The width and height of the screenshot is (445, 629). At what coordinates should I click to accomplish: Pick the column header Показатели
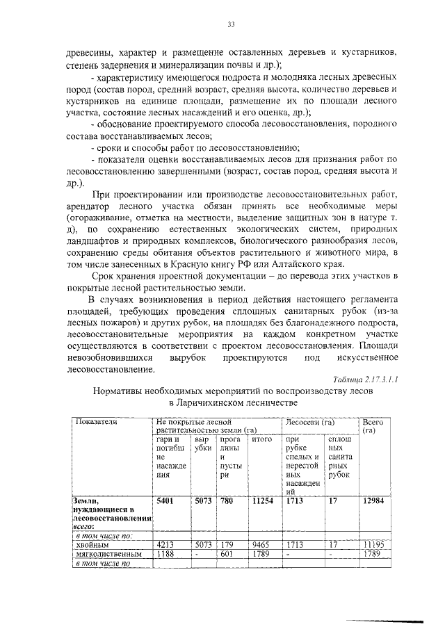click(97, 422)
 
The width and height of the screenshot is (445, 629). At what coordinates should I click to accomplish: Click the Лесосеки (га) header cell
click(309, 422)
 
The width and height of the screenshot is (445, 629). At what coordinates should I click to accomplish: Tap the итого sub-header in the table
click(261, 439)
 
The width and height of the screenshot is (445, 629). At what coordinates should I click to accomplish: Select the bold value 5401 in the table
click(165, 500)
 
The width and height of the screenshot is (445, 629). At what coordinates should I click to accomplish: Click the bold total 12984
click(368, 500)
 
